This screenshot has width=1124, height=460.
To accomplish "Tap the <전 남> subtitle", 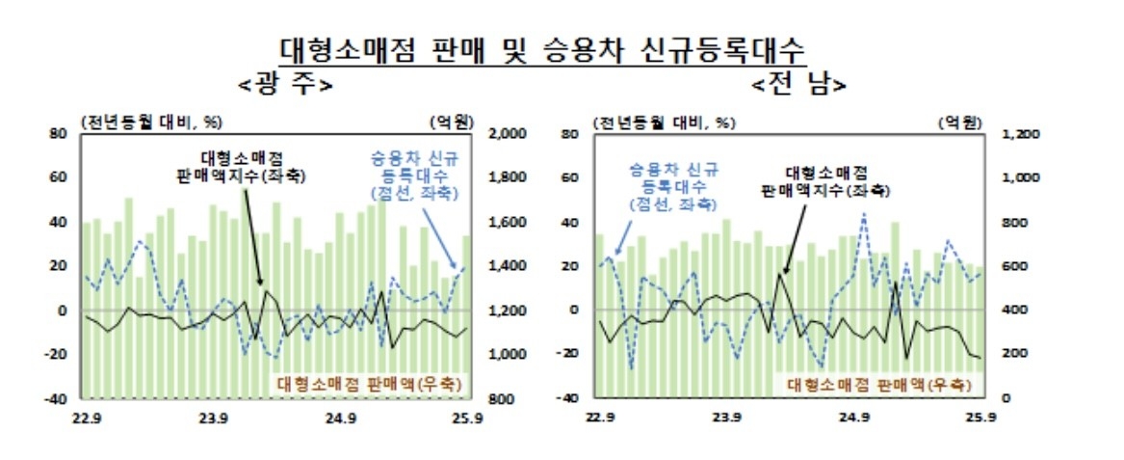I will click(x=800, y=83).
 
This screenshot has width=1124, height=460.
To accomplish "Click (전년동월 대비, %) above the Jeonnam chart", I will click(x=664, y=122).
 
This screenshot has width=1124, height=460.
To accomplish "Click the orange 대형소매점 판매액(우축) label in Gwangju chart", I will click(x=369, y=383).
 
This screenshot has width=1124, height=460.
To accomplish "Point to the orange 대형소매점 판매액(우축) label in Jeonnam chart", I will click(x=880, y=383).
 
